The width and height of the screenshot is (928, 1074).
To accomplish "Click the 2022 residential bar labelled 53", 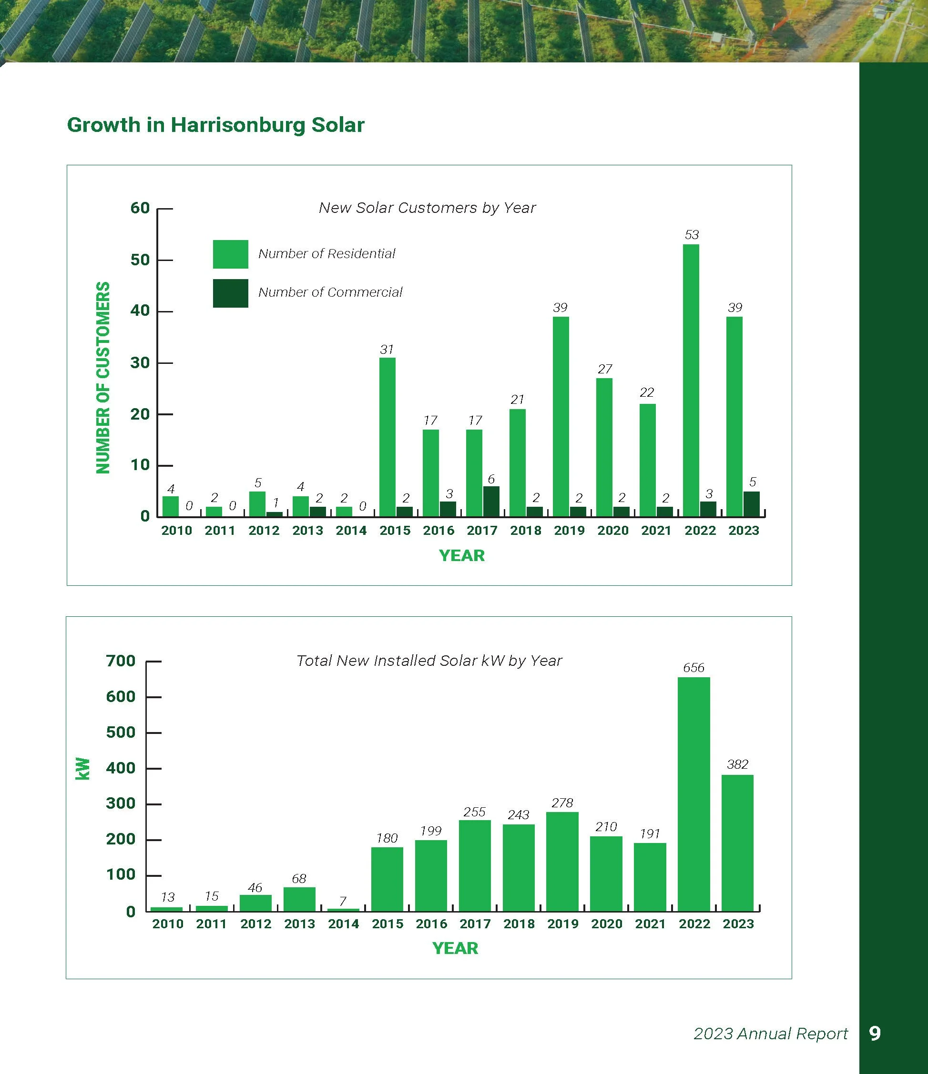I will click(691, 381).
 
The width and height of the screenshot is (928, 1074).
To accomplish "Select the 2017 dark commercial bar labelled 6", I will click(491, 501).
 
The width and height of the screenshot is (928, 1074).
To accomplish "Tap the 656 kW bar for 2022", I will click(693, 793).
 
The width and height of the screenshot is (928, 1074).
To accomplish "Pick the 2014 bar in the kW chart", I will click(343, 909).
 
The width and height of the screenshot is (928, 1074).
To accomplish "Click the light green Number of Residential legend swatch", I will click(230, 254).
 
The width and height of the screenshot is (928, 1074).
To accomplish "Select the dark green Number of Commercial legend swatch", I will click(230, 293).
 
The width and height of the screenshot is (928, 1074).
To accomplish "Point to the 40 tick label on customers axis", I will click(140, 311).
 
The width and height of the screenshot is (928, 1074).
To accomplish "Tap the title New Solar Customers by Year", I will click(427, 208).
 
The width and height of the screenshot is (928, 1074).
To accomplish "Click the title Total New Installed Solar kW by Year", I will click(429, 661).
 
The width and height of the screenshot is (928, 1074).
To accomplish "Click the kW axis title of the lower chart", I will click(83, 769).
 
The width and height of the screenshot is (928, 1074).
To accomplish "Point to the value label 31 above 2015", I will click(387, 350).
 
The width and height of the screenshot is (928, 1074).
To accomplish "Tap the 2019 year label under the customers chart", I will click(569, 531).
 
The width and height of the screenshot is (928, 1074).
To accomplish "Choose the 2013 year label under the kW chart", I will click(299, 924).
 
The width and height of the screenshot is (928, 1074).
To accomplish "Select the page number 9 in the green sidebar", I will click(875, 1034).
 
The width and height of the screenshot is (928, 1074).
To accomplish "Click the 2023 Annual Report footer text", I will click(770, 1034).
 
